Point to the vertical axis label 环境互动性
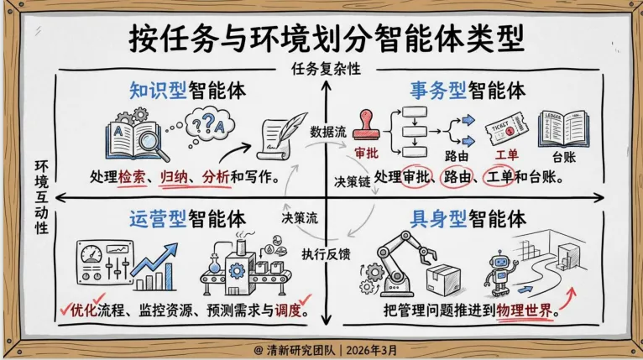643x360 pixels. [39, 198]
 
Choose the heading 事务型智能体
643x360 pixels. [468, 90]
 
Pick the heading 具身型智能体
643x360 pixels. [468, 220]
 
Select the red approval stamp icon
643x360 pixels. [367, 128]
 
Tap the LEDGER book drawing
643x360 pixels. [567, 130]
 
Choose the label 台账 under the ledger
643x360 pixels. [567, 158]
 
